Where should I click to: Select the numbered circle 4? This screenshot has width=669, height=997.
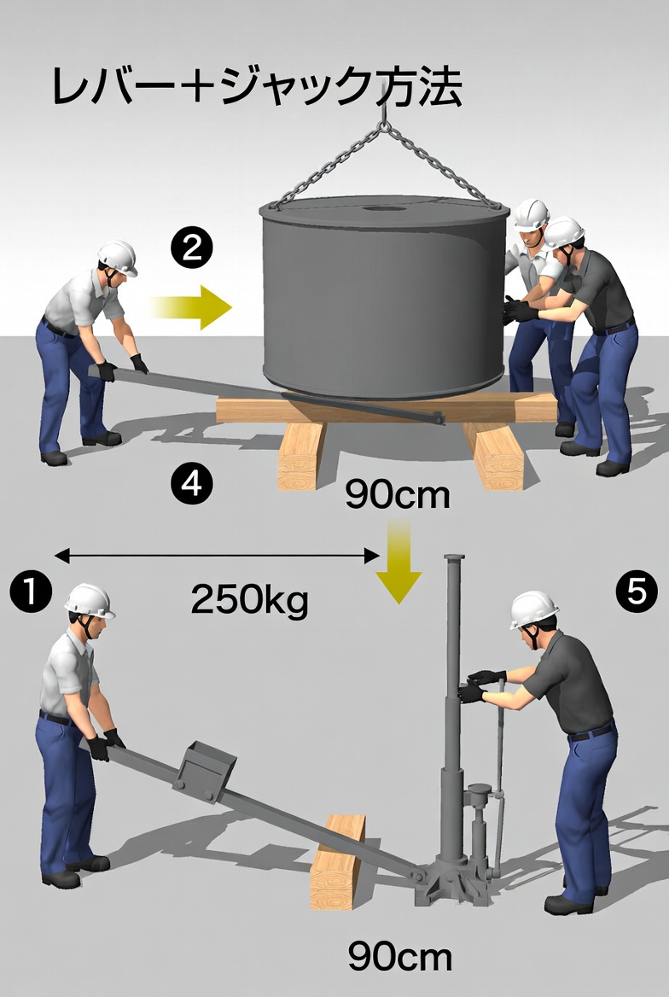(191, 484)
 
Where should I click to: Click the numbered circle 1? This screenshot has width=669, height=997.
(31, 591)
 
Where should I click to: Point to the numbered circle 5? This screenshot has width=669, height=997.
(637, 592)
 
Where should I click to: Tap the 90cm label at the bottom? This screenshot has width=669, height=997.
(400, 956)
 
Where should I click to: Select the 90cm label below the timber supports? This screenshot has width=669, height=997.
(398, 494)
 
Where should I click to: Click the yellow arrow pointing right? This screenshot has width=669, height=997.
(191, 308)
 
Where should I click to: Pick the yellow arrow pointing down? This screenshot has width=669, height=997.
(398, 561)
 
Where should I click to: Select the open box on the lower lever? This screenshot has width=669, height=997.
(205, 772)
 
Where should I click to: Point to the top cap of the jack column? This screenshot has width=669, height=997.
(454, 557)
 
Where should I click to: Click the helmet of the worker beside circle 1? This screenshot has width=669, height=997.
(89, 601)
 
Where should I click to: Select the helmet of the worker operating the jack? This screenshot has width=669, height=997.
(534, 609)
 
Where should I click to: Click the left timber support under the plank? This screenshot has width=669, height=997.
(300, 455)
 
